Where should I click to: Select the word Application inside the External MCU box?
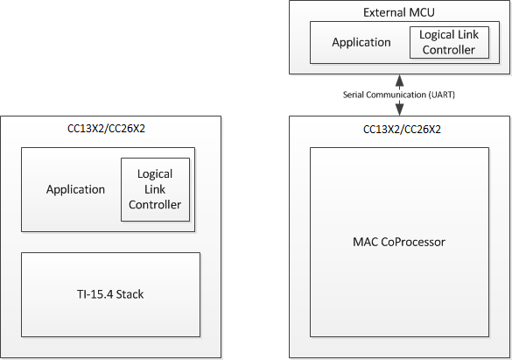tap(361, 42)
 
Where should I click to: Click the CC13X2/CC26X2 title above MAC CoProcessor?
tap(400, 129)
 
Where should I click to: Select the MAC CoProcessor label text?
tap(400, 241)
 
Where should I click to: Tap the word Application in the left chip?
tap(76, 189)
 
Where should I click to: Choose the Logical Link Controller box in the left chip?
tap(155, 189)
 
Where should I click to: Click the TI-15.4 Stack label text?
tap(110, 294)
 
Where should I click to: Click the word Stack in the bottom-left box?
tap(129, 294)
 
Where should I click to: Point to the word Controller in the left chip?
tap(155, 205)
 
